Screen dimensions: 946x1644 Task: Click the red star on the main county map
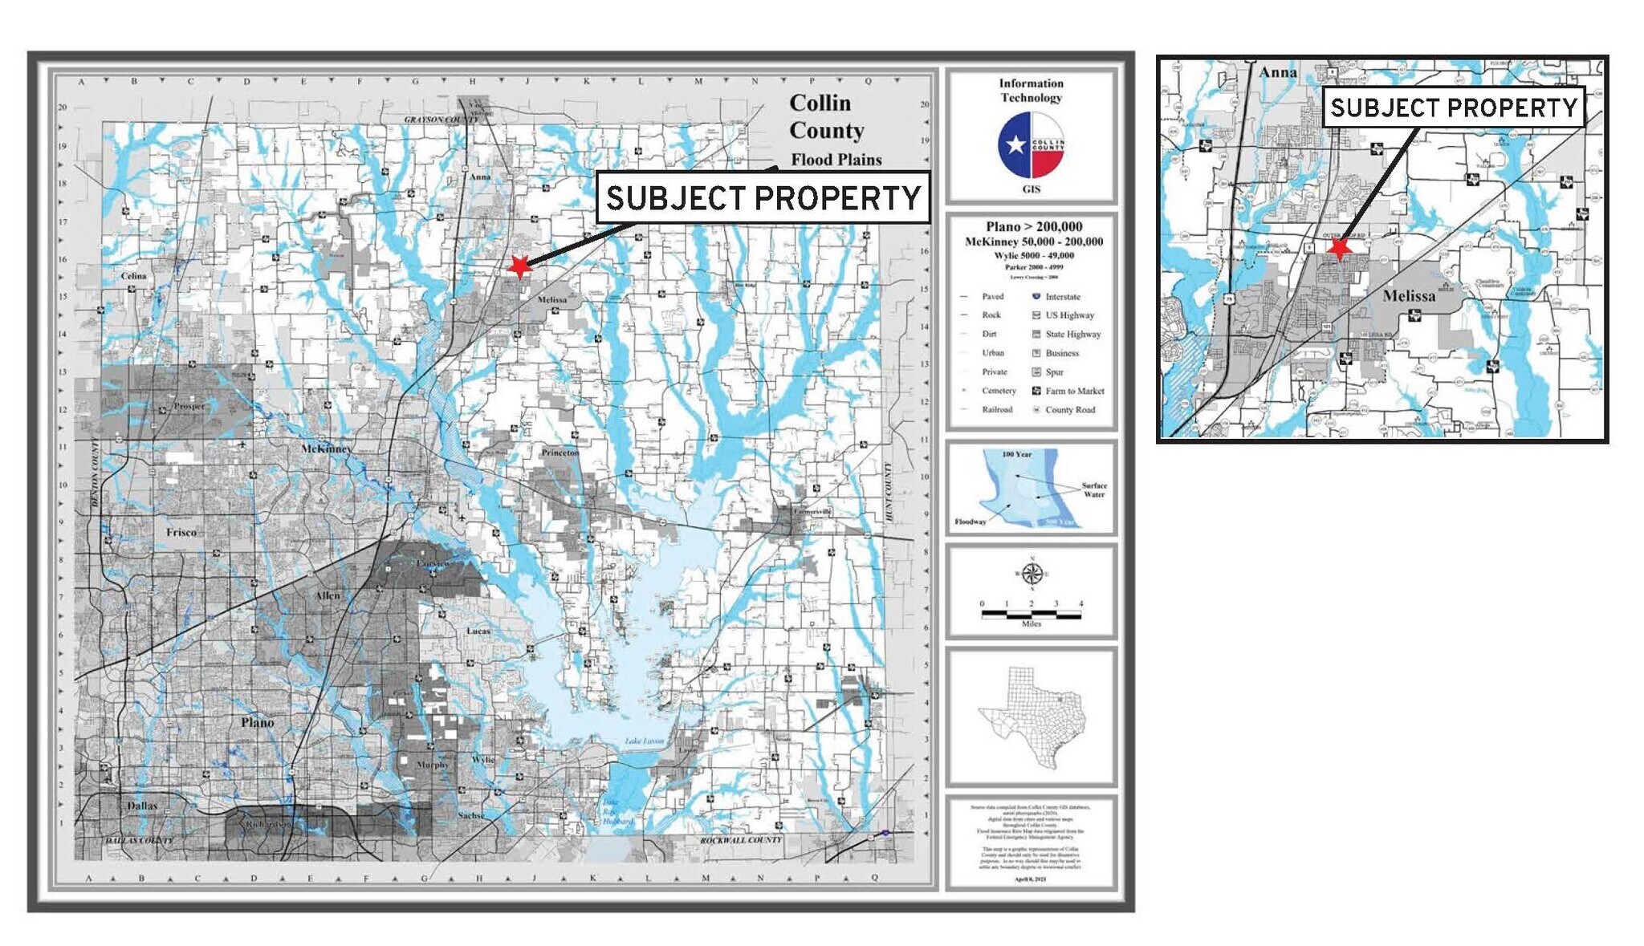pyautogui.click(x=520, y=266)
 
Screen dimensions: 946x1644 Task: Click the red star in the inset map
pyautogui.click(x=1338, y=248)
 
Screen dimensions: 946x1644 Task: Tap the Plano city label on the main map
pyautogui.click(x=258, y=723)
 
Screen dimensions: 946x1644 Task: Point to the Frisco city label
pyautogui.click(x=181, y=532)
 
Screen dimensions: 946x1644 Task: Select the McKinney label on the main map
pyautogui.click(x=326, y=449)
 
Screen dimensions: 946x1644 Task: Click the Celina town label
pyautogui.click(x=134, y=276)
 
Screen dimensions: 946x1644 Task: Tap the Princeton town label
pyautogui.click(x=560, y=453)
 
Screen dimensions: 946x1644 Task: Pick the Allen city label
pyautogui.click(x=328, y=595)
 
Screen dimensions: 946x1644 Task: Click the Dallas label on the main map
pyautogui.click(x=142, y=806)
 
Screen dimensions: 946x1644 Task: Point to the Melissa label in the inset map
pyautogui.click(x=1409, y=296)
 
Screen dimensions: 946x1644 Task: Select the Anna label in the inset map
pyautogui.click(x=1278, y=72)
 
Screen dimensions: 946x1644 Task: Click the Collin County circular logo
pyautogui.click(x=1032, y=145)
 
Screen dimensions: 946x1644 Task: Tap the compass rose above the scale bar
pyautogui.click(x=1032, y=574)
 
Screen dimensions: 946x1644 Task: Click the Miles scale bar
pyautogui.click(x=1032, y=615)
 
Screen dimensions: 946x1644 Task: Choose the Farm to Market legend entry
pyautogui.click(x=1074, y=391)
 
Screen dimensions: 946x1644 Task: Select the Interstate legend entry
pyautogui.click(x=1062, y=297)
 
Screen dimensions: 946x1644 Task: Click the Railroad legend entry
pyautogui.click(x=996, y=410)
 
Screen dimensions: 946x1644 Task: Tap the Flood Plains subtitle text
pyautogui.click(x=836, y=160)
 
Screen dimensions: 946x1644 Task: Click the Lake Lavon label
pyautogui.click(x=645, y=741)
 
